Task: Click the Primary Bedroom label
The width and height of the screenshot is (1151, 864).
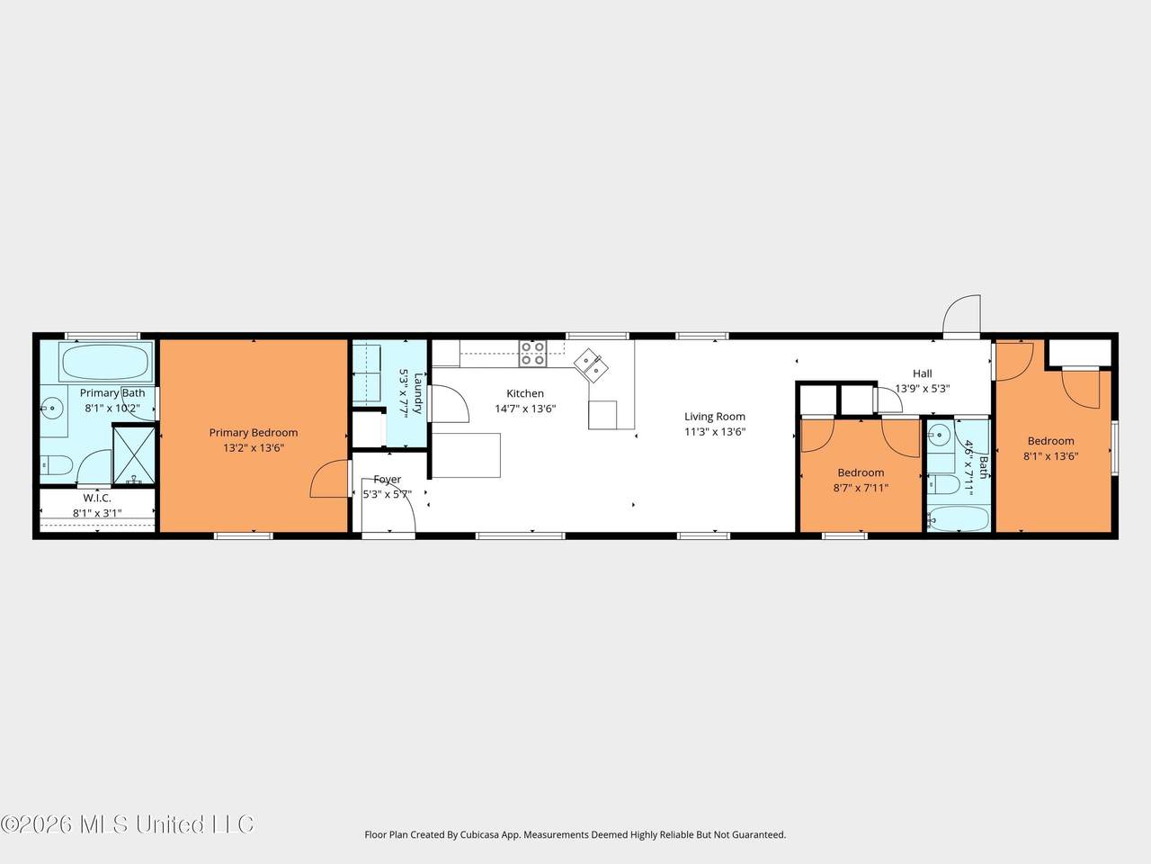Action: point(254,433)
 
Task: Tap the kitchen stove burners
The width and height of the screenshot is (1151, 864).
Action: point(532,353)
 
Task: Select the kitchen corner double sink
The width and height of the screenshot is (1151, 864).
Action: point(592,365)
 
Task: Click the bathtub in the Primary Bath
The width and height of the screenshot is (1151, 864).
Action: point(105,362)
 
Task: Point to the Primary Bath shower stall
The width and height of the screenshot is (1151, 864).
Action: point(134,454)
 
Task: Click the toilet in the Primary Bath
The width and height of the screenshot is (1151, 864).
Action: point(56,464)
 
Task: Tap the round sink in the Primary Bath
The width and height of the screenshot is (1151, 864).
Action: point(52,408)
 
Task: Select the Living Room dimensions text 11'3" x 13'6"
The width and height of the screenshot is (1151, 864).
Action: point(715,432)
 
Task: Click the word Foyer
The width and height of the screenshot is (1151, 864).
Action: point(387,480)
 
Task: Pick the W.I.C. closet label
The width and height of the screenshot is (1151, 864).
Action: point(97,498)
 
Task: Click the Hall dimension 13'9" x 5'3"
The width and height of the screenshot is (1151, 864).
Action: point(923,389)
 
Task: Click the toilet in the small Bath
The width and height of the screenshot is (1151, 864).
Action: point(943,485)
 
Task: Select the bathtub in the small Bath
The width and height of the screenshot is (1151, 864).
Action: point(958,518)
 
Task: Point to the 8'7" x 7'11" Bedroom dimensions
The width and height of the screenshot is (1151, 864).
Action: point(861,488)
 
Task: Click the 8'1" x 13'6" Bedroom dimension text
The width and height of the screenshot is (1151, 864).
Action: point(1051,456)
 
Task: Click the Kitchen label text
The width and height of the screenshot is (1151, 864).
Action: point(525,393)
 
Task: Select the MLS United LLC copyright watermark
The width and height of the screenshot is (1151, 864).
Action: point(128,824)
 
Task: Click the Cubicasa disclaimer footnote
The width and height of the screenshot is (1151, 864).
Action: point(575,834)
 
